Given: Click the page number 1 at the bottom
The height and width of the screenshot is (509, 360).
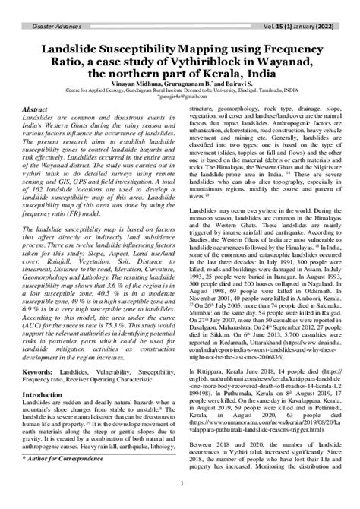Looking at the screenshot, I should point(180,501).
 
